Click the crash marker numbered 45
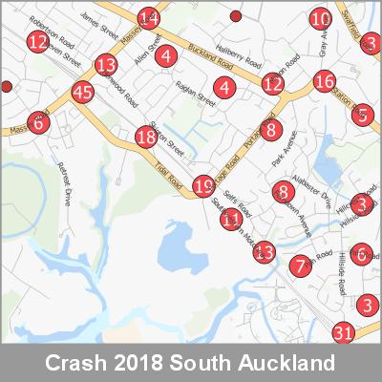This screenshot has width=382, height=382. [x=83, y=93]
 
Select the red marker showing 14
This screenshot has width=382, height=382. [x=148, y=18]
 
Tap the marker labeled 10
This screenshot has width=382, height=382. [x=322, y=18]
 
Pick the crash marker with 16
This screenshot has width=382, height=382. [x=324, y=81]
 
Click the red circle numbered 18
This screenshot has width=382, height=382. [x=145, y=138]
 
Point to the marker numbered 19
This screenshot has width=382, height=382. [x=203, y=185]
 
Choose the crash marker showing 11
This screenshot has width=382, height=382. [x=230, y=220]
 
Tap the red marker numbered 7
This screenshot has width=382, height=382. [x=301, y=265]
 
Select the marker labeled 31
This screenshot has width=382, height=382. [x=345, y=333]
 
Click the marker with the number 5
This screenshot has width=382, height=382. [x=363, y=115]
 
